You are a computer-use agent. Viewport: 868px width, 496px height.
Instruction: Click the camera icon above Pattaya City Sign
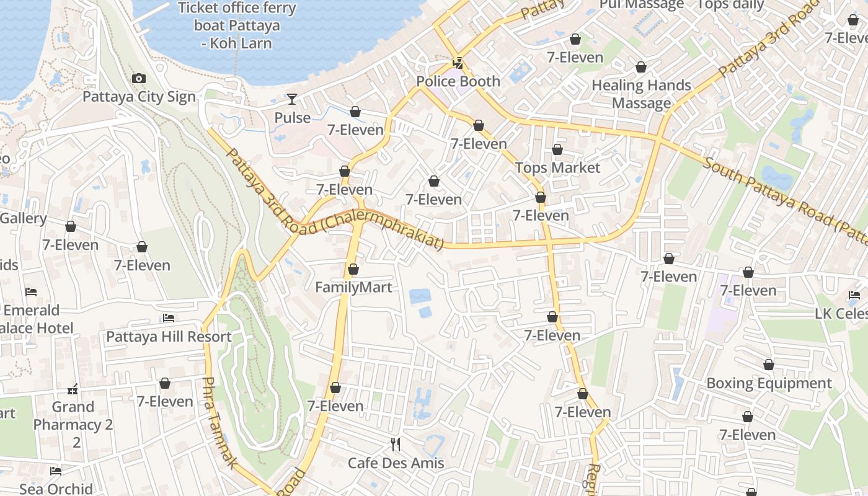coord(139,78)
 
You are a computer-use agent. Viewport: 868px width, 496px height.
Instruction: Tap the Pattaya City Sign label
coord(139,97)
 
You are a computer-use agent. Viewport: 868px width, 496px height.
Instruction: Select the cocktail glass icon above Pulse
coord(292,99)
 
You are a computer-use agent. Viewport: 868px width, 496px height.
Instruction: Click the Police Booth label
coord(458,81)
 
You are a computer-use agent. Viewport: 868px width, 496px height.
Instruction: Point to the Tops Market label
coord(557,167)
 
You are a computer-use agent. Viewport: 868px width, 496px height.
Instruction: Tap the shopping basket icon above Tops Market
coord(557,149)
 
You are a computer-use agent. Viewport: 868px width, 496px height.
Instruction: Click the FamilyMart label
coord(353,287)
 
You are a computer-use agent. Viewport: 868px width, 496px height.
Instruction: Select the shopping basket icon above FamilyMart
coord(353,269)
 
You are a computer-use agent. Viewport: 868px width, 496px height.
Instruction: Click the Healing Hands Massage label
coord(641,94)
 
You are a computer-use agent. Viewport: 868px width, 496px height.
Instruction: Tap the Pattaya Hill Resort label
coord(169,337)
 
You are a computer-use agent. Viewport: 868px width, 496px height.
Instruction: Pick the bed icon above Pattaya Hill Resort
coord(169,319)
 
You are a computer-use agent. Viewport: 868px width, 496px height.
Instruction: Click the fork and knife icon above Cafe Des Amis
coord(396,444)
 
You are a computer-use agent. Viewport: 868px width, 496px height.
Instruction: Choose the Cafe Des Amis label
coord(396,463)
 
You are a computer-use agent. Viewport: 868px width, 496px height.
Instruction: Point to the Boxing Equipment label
coord(769,383)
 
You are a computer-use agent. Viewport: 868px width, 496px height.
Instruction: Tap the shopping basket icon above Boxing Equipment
coord(769,365)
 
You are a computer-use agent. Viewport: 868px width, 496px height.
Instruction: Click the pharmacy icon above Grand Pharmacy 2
coord(73,389)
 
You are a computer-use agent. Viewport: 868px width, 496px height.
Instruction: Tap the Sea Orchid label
coord(56,489)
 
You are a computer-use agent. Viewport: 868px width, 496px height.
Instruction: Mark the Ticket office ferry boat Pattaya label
coord(237,26)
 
